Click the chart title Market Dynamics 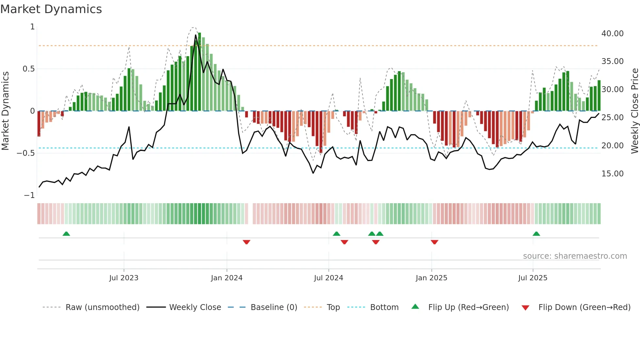51,9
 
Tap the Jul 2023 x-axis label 124,278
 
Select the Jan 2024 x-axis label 227,278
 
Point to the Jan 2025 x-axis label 431,278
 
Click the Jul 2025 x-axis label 533,278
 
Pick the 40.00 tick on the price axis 612,34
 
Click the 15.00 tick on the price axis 612,174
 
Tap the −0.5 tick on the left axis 26,153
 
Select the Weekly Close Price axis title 634,111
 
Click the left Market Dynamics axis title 5,111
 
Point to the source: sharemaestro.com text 575,256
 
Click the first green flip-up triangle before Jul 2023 66,234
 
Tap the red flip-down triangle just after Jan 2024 247,242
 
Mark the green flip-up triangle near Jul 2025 536,234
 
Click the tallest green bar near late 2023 200,72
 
